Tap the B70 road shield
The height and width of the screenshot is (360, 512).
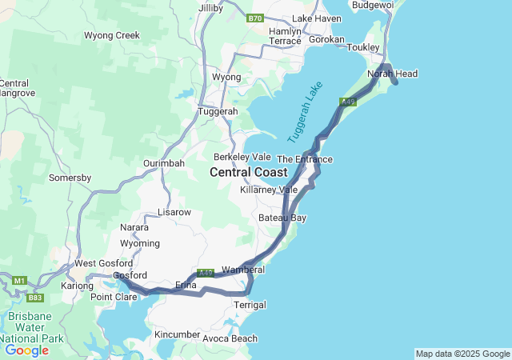(255, 18)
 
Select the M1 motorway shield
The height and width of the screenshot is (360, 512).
(18, 279)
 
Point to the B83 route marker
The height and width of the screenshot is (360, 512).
(36, 298)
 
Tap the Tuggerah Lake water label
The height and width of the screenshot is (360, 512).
(304, 111)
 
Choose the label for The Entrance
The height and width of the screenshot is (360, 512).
(304, 159)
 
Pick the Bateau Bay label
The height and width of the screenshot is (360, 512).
(282, 218)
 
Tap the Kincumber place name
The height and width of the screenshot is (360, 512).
(177, 333)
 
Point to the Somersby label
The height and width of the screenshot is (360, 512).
(69, 178)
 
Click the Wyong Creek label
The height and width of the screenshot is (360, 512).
(112, 35)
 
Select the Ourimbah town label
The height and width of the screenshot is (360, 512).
(164, 163)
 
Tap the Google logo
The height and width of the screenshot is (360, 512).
(26, 350)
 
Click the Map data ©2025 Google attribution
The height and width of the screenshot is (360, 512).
(462, 354)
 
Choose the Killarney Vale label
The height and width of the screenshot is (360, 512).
(269, 190)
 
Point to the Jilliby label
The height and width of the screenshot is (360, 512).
(210, 7)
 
